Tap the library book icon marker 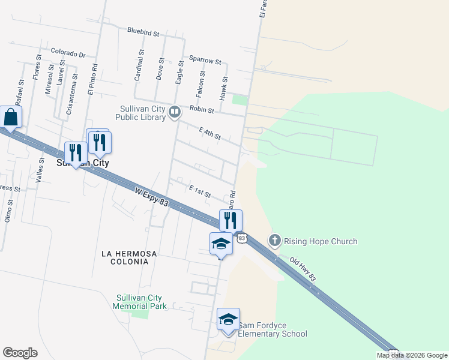click(175, 112)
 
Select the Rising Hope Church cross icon click(275, 241)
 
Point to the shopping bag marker click(11, 117)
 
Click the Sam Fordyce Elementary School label click(273, 329)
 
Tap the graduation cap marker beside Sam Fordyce click(228, 319)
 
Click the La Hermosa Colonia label click(129, 257)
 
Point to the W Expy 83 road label click(152, 198)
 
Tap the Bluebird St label click(142, 30)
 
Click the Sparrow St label click(205, 61)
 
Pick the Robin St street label click(202, 109)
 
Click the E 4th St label click(210, 133)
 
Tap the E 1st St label click(200, 191)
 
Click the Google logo click(20, 353)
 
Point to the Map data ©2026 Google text click(412, 355)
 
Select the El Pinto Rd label click(92, 79)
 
